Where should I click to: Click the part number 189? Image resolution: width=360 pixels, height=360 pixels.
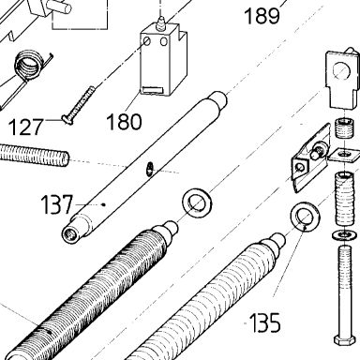(x=262, y=16)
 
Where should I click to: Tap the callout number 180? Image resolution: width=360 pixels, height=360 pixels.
(x=124, y=122)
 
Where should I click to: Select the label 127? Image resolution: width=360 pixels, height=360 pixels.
(x=25, y=127)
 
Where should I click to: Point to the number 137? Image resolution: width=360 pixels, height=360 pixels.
(x=57, y=204)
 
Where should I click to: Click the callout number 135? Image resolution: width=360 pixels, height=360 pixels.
(x=265, y=322)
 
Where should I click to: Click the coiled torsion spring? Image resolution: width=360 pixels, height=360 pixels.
(x=28, y=67)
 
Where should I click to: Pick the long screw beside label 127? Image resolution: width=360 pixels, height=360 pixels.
(x=79, y=105)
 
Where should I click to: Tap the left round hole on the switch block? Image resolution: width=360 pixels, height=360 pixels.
(x=147, y=41)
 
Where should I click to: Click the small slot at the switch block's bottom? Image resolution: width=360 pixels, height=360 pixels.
(x=153, y=90)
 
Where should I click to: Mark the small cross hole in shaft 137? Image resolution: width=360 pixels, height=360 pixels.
(x=150, y=168)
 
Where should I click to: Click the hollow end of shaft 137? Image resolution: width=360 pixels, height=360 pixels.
(x=69, y=233)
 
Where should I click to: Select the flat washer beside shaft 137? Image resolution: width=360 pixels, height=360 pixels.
(x=197, y=203)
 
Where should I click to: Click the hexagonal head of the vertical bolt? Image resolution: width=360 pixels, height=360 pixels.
(x=344, y=340)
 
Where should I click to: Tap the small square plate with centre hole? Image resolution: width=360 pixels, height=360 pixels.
(x=344, y=155)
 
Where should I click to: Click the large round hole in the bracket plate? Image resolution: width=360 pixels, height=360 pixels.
(x=340, y=71)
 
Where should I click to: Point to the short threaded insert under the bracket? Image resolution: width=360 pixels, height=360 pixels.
(x=344, y=128)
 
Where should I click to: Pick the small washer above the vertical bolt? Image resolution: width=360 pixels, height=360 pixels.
(x=344, y=235)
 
